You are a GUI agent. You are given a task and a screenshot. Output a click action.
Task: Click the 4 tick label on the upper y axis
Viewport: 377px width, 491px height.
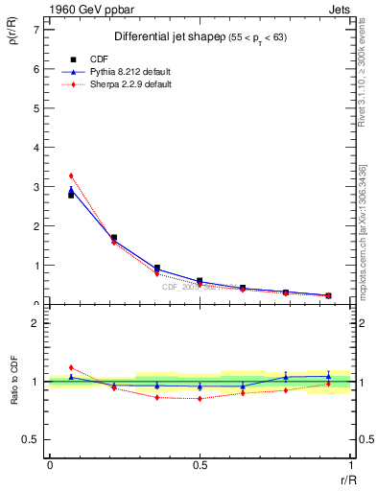[35, 148]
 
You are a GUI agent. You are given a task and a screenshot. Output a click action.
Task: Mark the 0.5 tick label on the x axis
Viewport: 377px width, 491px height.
[200, 465]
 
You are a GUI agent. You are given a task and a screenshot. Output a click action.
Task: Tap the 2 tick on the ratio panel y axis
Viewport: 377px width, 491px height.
[35, 323]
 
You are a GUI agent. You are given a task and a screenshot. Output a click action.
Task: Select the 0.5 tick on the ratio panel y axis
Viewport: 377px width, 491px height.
[32, 439]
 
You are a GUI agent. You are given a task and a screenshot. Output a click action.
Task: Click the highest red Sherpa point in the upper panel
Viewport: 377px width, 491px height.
[71, 175]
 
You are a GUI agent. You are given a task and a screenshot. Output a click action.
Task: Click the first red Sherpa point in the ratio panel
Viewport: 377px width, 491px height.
[71, 367]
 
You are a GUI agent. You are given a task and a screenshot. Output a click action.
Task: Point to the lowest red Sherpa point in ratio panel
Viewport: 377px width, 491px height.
[200, 398]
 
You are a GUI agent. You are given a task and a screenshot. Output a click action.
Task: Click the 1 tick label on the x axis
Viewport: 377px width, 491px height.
[351, 465]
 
